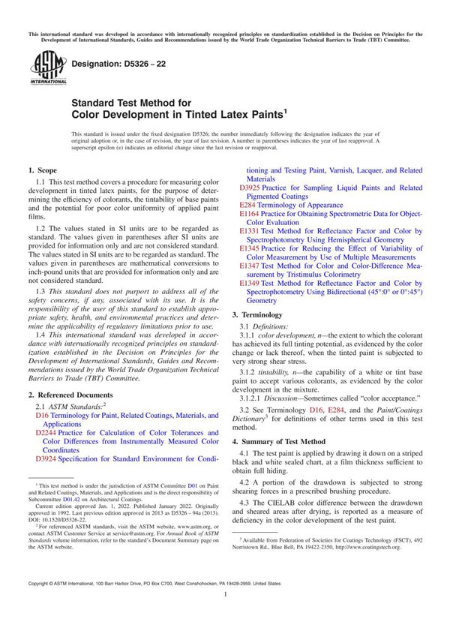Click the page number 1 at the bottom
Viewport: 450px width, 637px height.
click(225, 614)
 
